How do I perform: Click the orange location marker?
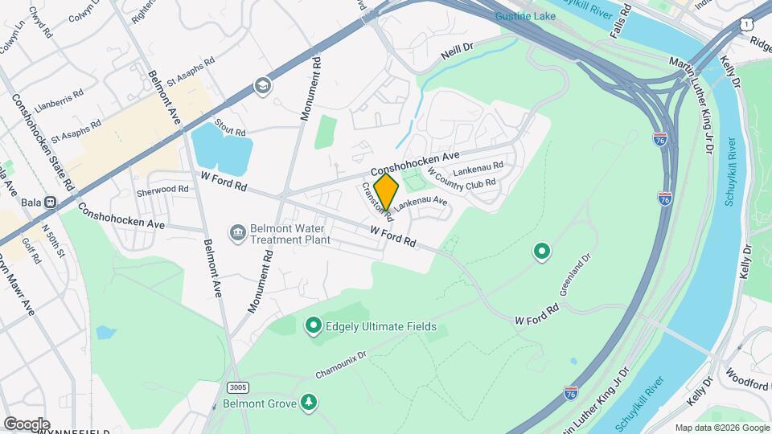[387, 191]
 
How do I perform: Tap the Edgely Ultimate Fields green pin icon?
[314, 326]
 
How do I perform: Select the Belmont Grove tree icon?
[307, 402]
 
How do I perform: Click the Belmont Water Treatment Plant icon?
[238, 233]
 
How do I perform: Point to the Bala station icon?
[50, 203]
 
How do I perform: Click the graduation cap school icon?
[262, 85]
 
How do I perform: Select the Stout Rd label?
[230, 131]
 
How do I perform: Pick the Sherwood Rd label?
[162, 190]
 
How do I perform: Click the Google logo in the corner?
[27, 424]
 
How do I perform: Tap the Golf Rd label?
[32, 251]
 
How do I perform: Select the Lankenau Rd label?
[478, 168]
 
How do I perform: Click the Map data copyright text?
[721, 428]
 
